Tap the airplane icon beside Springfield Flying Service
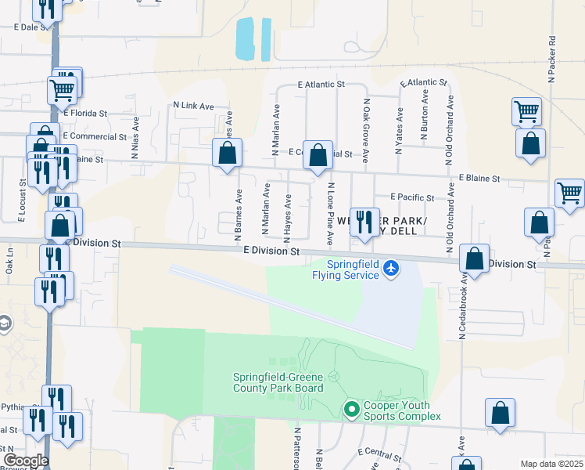pyautogui.click(x=392, y=270)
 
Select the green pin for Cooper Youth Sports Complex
pyautogui.click(x=351, y=409)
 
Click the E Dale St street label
pyautogui.click(x=32, y=27)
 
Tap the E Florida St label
pyautogui.click(x=85, y=114)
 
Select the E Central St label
pyautogui.click(x=379, y=454)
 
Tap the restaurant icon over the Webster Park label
pyautogui.click(x=363, y=222)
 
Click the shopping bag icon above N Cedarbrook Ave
pyautogui.click(x=475, y=258)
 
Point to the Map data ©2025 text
pyautogui.click(x=551, y=464)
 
